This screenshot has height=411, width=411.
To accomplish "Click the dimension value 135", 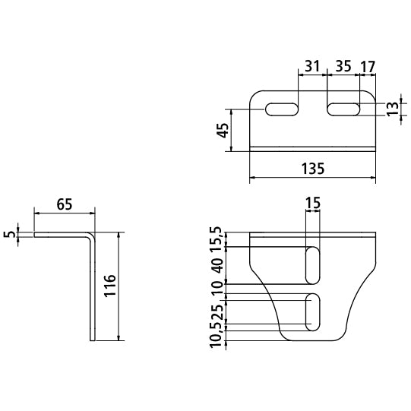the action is pyautogui.click(x=313, y=169).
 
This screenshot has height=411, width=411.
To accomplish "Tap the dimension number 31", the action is pyautogui.click(x=313, y=66).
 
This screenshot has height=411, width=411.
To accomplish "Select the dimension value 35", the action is pyautogui.click(x=343, y=66).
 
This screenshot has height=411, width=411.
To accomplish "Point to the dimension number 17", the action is pyautogui.click(x=368, y=67).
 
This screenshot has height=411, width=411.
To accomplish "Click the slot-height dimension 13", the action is pyautogui.click(x=393, y=109).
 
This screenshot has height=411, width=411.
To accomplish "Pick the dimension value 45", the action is pyautogui.click(x=223, y=130).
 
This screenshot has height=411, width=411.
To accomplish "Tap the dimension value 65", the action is pyautogui.click(x=65, y=204).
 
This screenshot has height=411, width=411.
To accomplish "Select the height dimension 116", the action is pyautogui.click(x=110, y=286).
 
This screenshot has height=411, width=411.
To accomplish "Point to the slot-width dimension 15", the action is pyautogui.click(x=313, y=203).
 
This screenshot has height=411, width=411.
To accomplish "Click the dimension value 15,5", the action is pyautogui.click(x=217, y=239).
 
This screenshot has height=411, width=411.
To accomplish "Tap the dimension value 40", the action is pyautogui.click(x=217, y=266).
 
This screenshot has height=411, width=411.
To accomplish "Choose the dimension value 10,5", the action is pyautogui.click(x=217, y=336).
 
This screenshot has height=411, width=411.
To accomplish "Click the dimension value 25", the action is pyautogui.click(x=217, y=312).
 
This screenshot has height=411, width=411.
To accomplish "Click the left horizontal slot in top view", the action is pyautogui.click(x=282, y=109).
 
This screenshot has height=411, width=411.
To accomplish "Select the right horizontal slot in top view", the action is pyautogui.click(x=343, y=109).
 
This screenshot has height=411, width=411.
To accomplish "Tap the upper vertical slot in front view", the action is pyautogui.click(x=313, y=265).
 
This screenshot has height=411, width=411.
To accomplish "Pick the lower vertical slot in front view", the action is pyautogui.click(x=313, y=312).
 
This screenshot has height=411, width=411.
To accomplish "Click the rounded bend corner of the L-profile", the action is pyautogui.click(x=91, y=235).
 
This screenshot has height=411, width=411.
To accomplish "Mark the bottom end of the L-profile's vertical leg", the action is pyautogui.click(x=93, y=340).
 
